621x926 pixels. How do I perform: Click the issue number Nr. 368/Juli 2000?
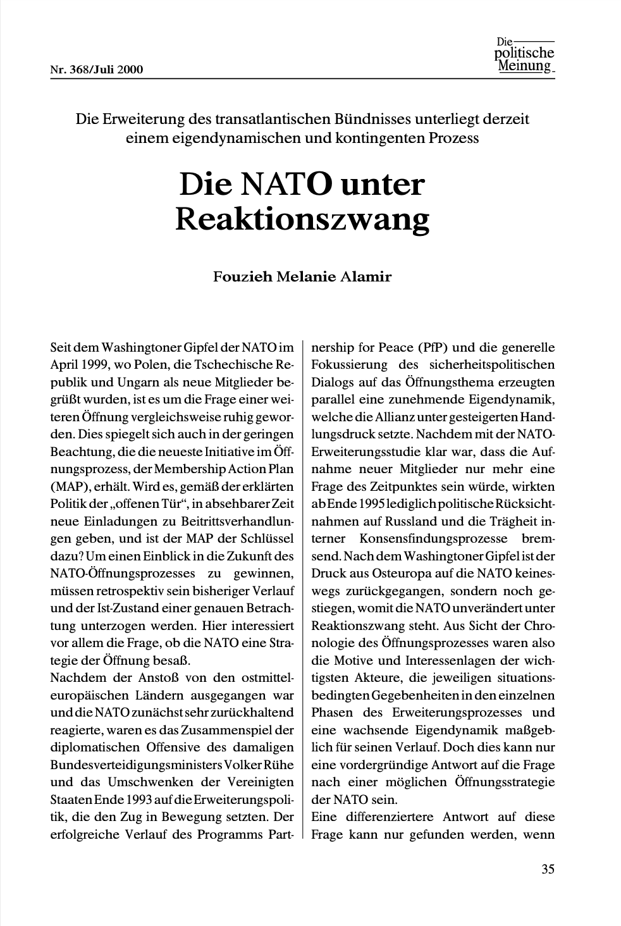(97, 70)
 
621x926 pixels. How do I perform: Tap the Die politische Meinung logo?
(524, 56)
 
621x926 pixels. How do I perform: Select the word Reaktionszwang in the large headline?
(302, 219)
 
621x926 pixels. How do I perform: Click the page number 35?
(548, 868)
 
